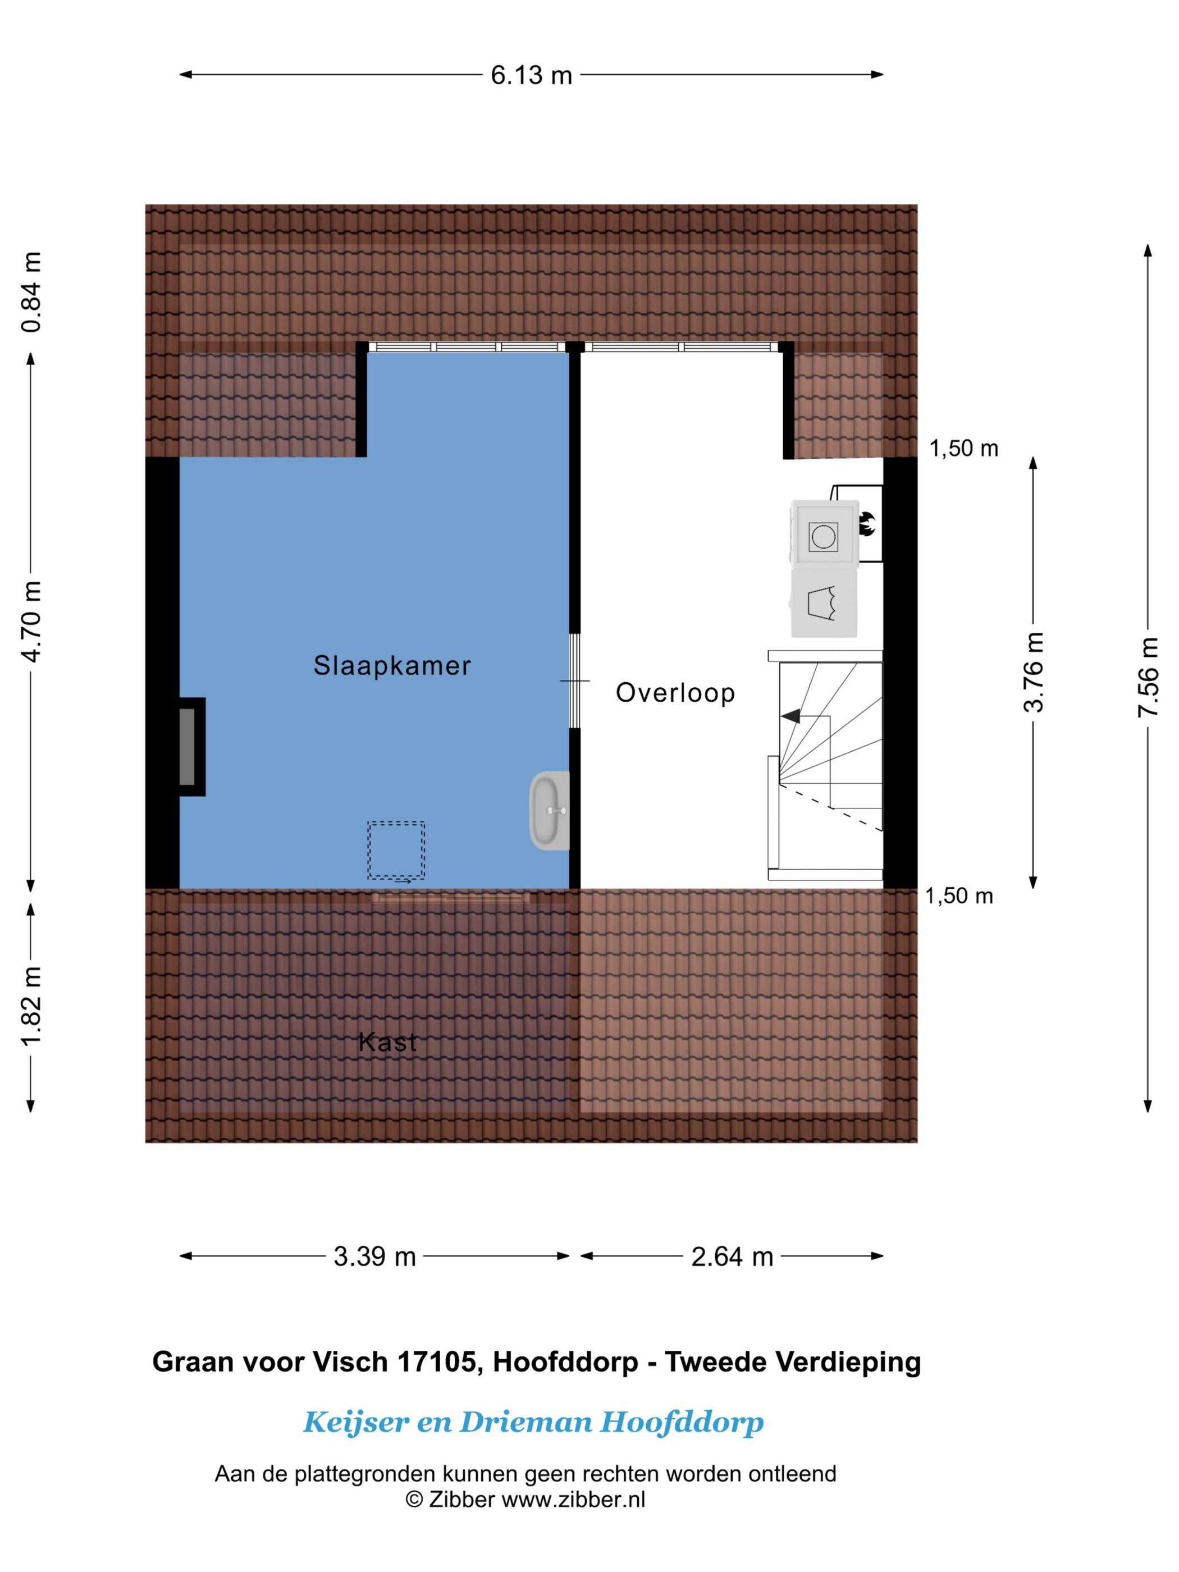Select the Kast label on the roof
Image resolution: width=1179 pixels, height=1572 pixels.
pos(387,1043)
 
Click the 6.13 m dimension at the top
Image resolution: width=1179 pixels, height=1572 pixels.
pos(531,75)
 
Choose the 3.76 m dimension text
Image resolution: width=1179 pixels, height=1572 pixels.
pos(1034,671)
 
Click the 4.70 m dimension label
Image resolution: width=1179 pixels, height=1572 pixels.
pos(31,620)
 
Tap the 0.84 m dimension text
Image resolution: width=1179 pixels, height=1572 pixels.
pos(31,291)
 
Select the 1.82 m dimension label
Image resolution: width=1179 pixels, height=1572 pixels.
pos(31,1006)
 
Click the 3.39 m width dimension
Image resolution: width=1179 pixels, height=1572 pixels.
pos(374,1256)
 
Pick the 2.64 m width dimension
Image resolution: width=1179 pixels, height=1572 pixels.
pos(732,1256)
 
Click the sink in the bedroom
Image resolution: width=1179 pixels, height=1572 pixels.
pos(549,810)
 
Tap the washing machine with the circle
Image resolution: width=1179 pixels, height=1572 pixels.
pos(823,536)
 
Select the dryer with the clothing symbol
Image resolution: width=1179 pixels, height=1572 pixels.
pos(823,602)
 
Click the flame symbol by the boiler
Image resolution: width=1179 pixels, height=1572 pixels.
pos(868,524)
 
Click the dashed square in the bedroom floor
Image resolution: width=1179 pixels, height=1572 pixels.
pos(396,850)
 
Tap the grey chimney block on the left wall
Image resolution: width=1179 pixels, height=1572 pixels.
pos(187,746)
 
